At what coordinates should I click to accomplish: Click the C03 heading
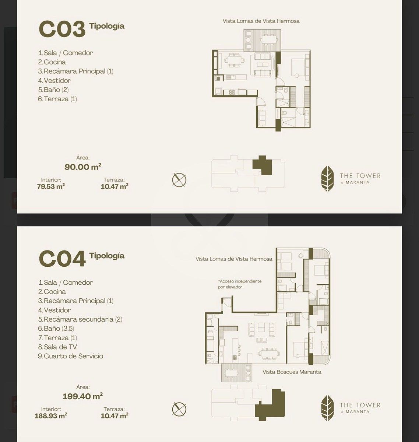coord(62,29)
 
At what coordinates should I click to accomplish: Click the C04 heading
coord(62,259)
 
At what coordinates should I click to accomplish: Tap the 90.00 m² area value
coord(83,166)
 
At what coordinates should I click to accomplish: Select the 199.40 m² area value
coord(83,396)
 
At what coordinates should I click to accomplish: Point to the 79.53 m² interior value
coord(51,186)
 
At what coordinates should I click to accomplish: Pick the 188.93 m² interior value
coord(51,416)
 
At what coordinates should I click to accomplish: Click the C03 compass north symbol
coord(179,180)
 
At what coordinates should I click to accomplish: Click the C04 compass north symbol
coord(179,409)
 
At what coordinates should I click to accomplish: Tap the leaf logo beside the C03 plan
coord(328,179)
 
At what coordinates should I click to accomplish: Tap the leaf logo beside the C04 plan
coord(328,408)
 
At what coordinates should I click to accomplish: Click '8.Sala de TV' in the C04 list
coord(57,347)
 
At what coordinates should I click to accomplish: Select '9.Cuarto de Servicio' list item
coord(71,356)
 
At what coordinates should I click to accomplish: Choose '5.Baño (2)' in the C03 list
coord(53,90)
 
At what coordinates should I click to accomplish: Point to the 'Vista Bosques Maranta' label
coord(292,372)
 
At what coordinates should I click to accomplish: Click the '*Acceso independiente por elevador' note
coord(240,284)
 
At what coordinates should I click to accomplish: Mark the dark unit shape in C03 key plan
coord(262,165)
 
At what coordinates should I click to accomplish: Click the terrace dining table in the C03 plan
coord(269,40)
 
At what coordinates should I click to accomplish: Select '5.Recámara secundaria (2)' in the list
coord(80,319)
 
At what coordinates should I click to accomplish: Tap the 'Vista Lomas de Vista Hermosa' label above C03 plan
coord(261,21)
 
